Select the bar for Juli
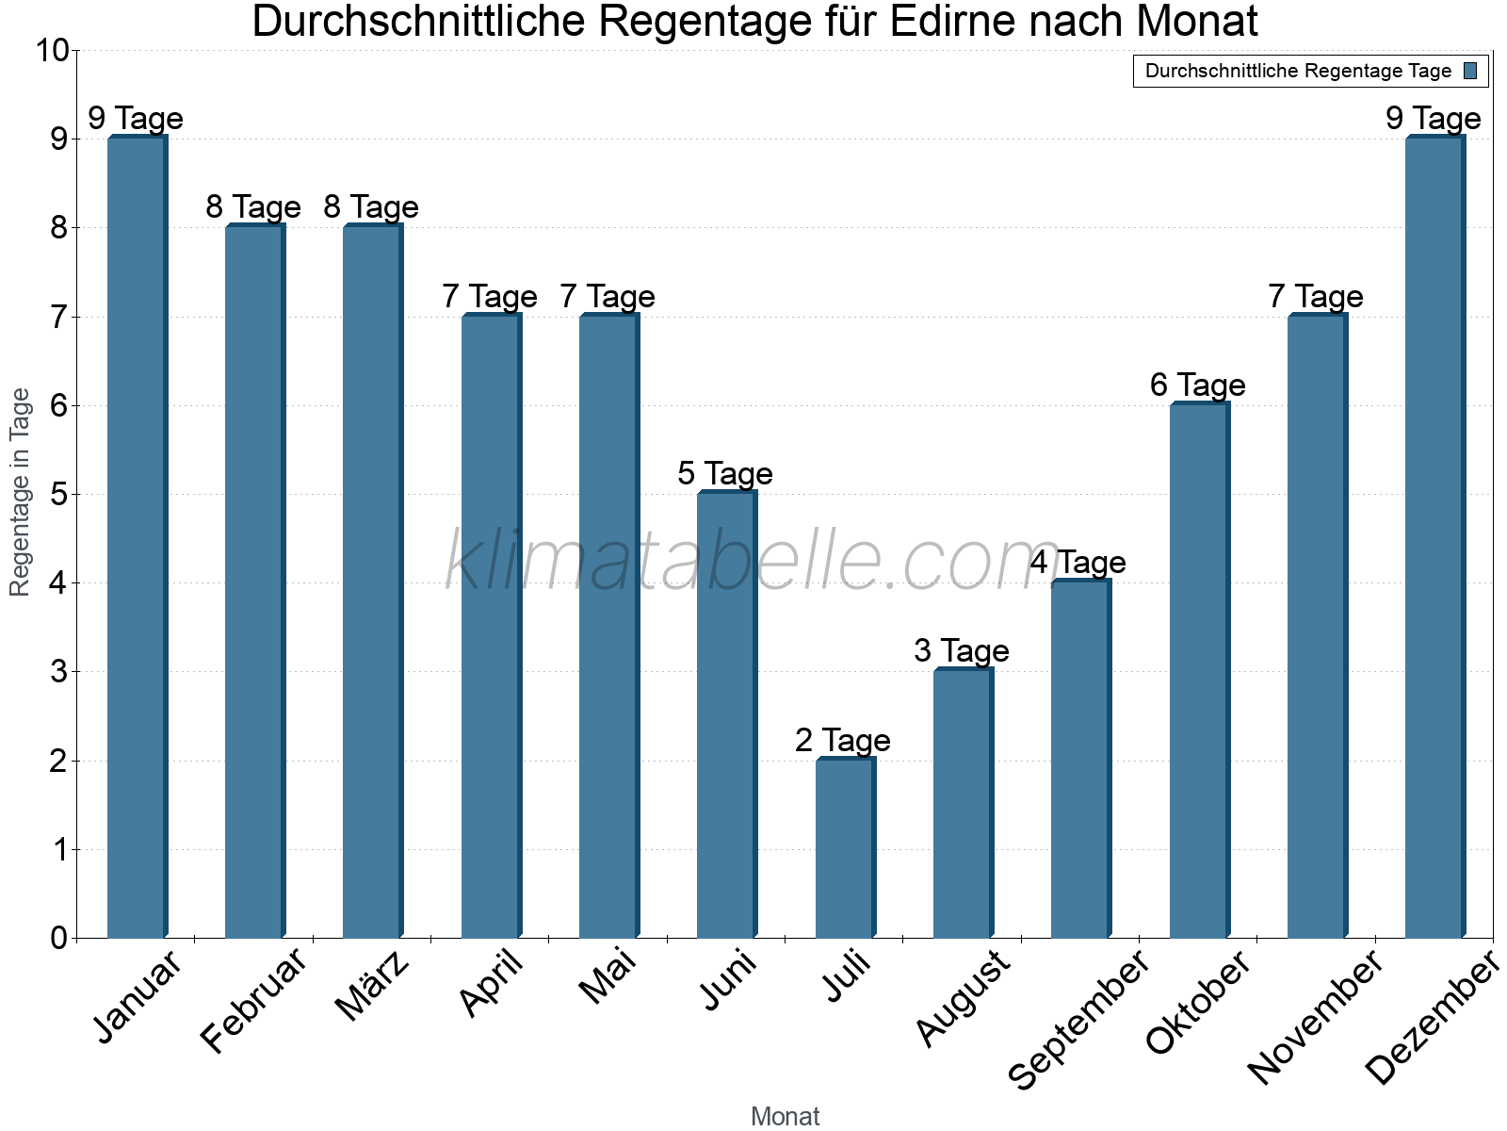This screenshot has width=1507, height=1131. [x=845, y=848]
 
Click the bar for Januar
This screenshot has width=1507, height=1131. [x=137, y=537]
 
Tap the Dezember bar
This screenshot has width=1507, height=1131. [x=1434, y=537]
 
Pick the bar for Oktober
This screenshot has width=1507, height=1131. [x=1199, y=669]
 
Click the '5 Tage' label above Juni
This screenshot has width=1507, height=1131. [x=725, y=474]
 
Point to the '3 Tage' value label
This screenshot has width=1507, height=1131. [x=961, y=651]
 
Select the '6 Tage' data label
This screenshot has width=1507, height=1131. [x=1197, y=385]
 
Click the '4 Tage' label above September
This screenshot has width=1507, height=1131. [x=1078, y=563]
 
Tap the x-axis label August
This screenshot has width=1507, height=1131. [x=963, y=999]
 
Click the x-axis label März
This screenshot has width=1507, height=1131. [x=374, y=987]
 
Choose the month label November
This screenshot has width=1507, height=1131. [x=1315, y=1018]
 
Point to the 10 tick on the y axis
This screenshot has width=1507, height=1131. [x=52, y=51]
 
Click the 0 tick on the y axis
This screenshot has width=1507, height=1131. [x=59, y=938]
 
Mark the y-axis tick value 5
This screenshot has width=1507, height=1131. [x=59, y=495]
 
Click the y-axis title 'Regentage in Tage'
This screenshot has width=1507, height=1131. [x=21, y=492]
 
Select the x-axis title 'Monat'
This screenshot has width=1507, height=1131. [x=785, y=1116]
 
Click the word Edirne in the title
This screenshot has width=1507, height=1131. [x=950, y=23]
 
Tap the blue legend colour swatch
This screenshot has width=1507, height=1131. [x=1470, y=71]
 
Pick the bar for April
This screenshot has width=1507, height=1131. [x=491, y=627]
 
